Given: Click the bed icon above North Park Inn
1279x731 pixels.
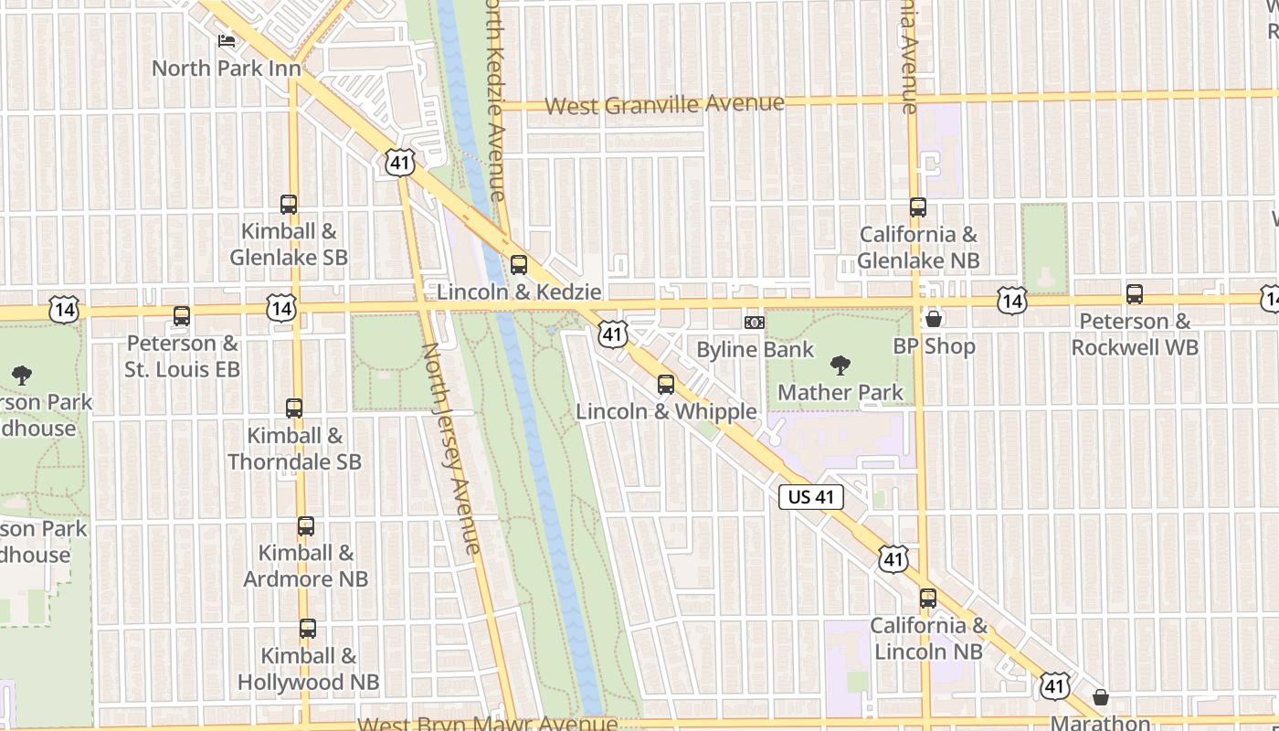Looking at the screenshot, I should (227, 41).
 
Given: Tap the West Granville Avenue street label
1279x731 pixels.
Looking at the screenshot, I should (664, 104).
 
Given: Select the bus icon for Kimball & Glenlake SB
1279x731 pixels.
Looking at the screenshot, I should (289, 205).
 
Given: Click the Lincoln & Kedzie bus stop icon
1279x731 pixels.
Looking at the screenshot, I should (519, 265).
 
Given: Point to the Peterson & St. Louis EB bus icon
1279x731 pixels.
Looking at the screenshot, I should (182, 316).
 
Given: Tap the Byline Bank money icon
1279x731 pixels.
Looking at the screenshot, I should (755, 323).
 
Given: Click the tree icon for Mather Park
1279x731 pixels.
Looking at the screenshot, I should (840, 365).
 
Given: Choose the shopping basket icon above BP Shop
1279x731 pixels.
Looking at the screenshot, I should (934, 319).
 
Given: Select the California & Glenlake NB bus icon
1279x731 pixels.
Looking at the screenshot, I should (918, 207).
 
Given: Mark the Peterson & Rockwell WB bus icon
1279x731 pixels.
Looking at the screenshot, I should (1135, 294).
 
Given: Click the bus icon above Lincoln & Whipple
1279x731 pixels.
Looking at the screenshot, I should (666, 384).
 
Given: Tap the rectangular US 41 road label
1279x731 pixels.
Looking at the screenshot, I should (811, 497).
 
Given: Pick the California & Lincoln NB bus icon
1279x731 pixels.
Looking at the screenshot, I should (928, 599).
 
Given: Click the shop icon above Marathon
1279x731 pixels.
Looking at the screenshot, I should (1101, 697).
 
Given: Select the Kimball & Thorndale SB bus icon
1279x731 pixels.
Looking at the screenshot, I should (294, 408).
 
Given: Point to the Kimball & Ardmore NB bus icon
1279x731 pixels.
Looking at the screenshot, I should (306, 526).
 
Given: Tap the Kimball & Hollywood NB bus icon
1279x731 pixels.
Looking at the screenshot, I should (308, 629).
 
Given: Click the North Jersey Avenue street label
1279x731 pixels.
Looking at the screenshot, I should (450, 448).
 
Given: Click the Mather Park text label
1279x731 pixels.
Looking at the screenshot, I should (840, 393).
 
